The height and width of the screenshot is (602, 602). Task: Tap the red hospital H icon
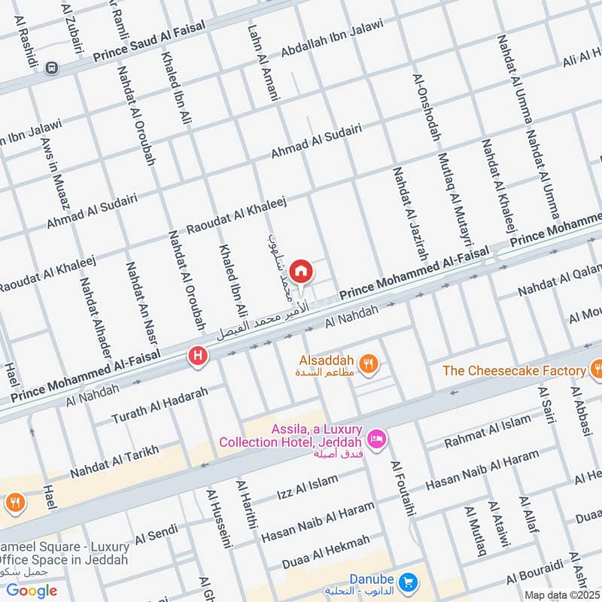(198, 355)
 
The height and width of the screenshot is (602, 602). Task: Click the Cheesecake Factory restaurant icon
(596, 369)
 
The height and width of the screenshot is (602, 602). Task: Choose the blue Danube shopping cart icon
(408, 582)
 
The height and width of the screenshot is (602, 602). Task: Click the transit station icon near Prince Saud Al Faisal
(52, 68)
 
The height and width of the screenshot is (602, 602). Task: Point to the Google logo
(32, 591)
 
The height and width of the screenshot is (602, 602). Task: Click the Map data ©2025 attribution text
(562, 594)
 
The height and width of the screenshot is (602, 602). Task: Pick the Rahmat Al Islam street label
(488, 432)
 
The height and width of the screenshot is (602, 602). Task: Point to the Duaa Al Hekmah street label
(326, 552)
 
